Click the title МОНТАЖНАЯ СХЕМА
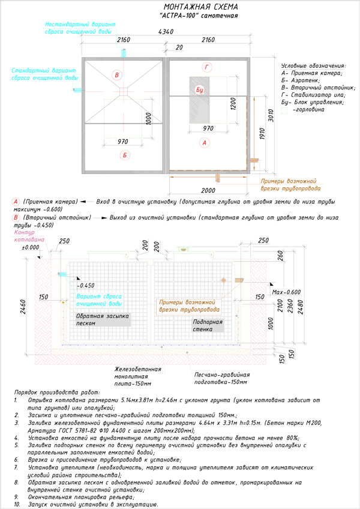coord(200,7)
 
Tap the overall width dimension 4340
coord(166,32)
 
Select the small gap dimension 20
coord(179,47)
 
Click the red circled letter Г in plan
coord(207,67)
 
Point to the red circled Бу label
coord(199,90)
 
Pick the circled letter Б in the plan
coord(125,155)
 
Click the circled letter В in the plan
coord(116,75)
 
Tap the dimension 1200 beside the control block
coord(233,104)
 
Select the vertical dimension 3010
coord(271,116)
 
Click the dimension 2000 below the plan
coord(208,190)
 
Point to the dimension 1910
coord(262,134)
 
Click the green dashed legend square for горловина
coord(284,110)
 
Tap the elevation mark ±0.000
coord(31,247)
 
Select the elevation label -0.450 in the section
coord(86,285)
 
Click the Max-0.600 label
coord(286,292)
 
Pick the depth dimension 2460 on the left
coord(23,307)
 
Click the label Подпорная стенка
coord(208,325)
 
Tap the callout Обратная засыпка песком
coord(102,320)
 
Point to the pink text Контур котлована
coord(29,236)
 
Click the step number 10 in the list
coord(17,504)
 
